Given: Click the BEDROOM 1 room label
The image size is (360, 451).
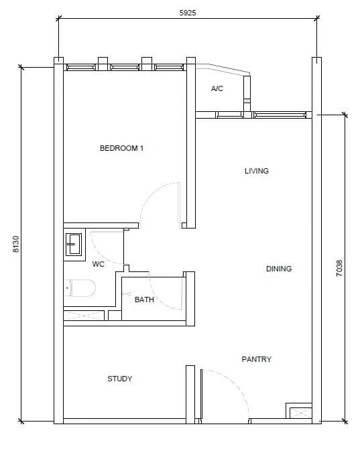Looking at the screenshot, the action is click(x=121, y=148).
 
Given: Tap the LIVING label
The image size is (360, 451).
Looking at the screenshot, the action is click(x=256, y=171).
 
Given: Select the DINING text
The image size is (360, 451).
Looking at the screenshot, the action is click(x=279, y=269).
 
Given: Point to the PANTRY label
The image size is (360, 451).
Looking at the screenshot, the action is click(x=256, y=359).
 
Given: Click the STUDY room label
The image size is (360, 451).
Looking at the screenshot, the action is click(x=120, y=379).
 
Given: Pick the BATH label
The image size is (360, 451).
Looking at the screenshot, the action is click(x=144, y=300).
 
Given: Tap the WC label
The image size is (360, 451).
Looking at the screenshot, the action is click(x=98, y=264).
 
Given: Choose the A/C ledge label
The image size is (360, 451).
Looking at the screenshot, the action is click(x=217, y=88).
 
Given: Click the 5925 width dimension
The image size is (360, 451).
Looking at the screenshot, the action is click(x=188, y=13).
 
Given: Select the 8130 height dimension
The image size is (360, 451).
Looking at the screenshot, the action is click(x=16, y=244).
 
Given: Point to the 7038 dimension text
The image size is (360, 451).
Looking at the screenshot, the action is click(x=339, y=268).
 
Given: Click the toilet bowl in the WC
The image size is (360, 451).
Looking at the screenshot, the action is click(x=80, y=288).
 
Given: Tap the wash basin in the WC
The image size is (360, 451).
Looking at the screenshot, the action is click(x=74, y=244).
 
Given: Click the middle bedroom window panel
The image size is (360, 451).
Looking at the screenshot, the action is click(x=125, y=67).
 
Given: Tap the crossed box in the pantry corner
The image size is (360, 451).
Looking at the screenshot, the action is click(x=300, y=413).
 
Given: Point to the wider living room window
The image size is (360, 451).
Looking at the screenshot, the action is click(x=280, y=115).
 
